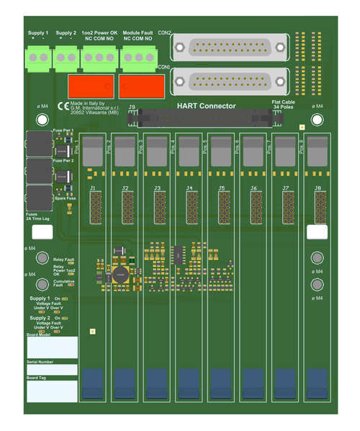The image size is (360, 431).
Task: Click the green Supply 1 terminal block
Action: pos(39,55)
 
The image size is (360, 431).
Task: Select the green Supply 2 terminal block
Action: pos(66,55)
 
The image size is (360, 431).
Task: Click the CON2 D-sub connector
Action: pos(230,49)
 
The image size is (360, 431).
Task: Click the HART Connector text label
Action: pos(206,106)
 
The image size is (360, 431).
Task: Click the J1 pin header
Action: pos(94,206)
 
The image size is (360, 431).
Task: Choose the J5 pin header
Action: pos(222,206)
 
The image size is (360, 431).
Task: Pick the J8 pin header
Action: pos(318,206)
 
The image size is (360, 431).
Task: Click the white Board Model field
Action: pos(52,347)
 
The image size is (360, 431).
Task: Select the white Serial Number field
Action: pos(52,369)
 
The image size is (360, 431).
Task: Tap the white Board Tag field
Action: pos(52,391)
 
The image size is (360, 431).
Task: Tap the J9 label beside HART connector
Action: pos(132,107)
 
